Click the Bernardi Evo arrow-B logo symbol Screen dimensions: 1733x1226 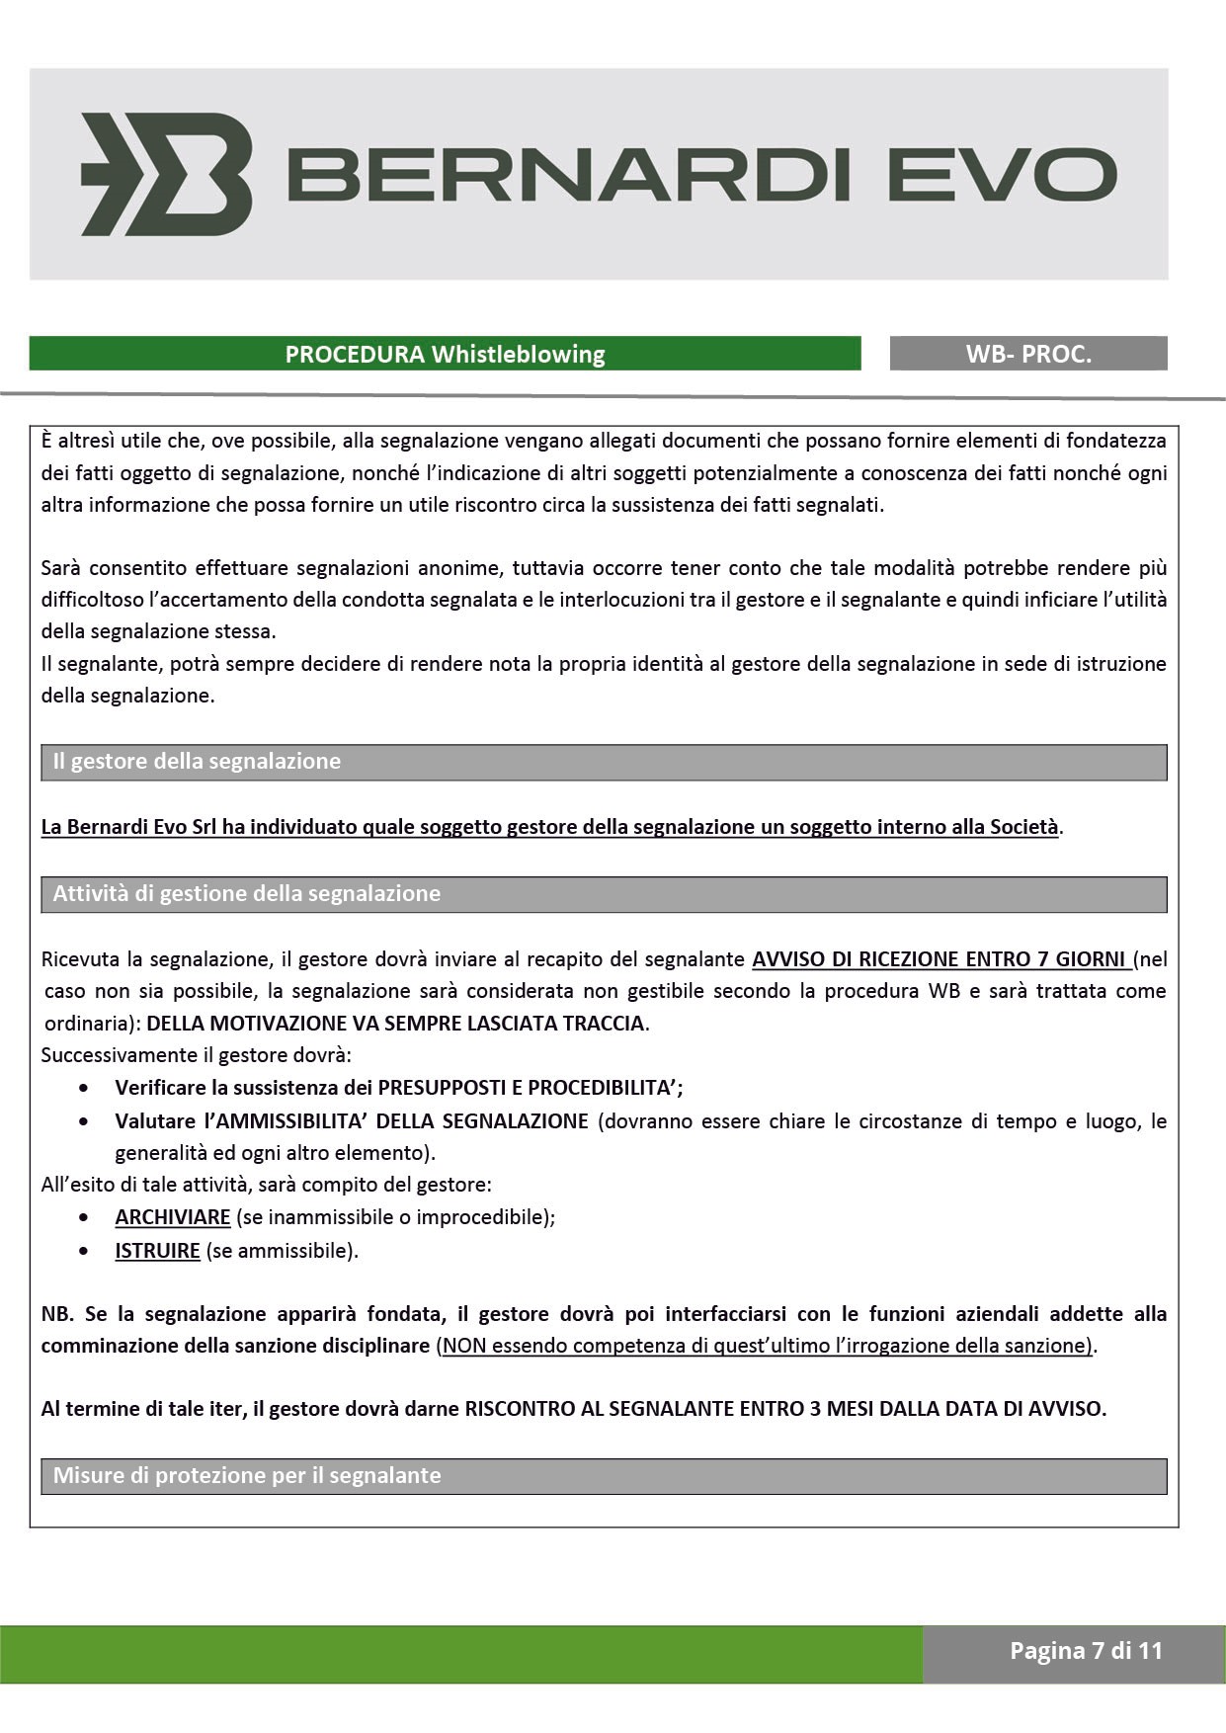coord(166,174)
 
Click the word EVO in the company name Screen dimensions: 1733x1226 coord(1002,175)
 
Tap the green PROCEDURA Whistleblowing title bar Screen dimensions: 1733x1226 coord(445,354)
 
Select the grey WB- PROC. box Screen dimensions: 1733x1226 coord(1028,354)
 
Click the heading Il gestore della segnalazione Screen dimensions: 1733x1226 coord(197,762)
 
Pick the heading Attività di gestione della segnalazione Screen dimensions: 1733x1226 coord(247,894)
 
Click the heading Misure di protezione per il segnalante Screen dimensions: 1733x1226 coord(247,1476)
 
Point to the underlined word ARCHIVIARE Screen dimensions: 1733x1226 coord(173,1217)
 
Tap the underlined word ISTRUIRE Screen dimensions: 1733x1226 coord(158,1251)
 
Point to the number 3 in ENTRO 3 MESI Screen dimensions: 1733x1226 coord(816,1409)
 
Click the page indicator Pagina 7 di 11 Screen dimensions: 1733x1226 coord(1086,1651)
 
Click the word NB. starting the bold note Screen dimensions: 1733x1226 coord(57,1314)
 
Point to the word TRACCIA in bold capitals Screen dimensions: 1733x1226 coord(603,1024)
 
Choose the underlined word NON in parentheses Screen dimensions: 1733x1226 coord(463,1346)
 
